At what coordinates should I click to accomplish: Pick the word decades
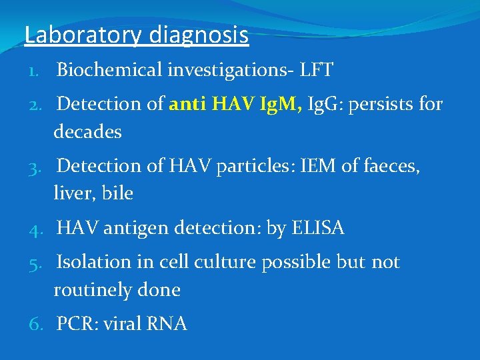pos(87,132)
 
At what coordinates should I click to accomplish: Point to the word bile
pos(118,194)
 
